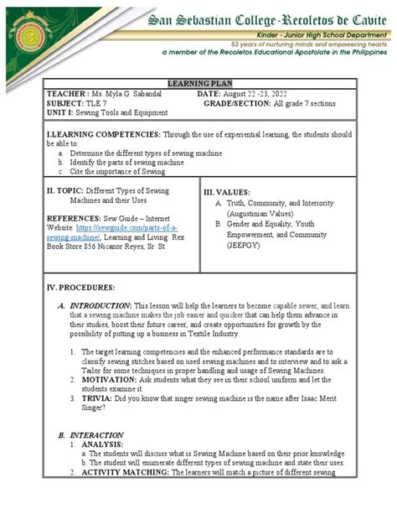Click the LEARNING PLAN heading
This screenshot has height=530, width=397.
tap(198, 85)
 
